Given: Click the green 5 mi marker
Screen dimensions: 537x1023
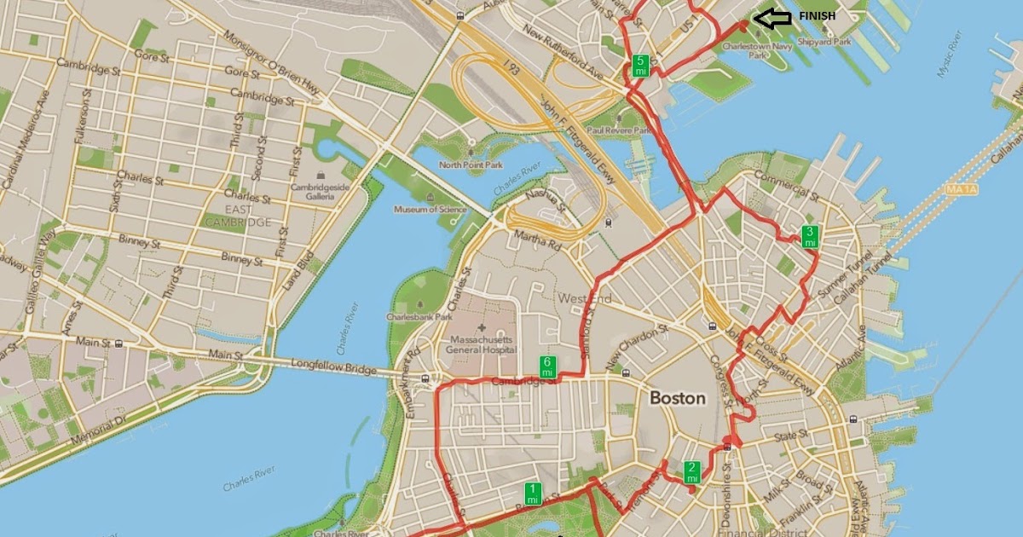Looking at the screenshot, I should [640, 65].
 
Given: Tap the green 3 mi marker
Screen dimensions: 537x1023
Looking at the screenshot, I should [811, 236].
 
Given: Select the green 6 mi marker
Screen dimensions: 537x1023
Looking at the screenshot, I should [548, 367].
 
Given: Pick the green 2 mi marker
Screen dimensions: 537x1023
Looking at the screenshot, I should [692, 471].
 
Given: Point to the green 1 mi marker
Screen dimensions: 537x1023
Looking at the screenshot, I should [533, 493].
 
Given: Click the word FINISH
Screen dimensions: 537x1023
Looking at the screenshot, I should [817, 16].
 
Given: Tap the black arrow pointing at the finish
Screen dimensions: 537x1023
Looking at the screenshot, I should [773, 17].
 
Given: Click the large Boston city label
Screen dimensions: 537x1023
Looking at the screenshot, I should [678, 398].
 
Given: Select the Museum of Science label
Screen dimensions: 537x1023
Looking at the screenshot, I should [431, 209].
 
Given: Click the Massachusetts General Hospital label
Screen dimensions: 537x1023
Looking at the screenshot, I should [483, 344].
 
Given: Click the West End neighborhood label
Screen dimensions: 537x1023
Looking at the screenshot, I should [585, 298].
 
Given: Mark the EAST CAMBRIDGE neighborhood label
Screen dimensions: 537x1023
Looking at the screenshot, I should [237, 215].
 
